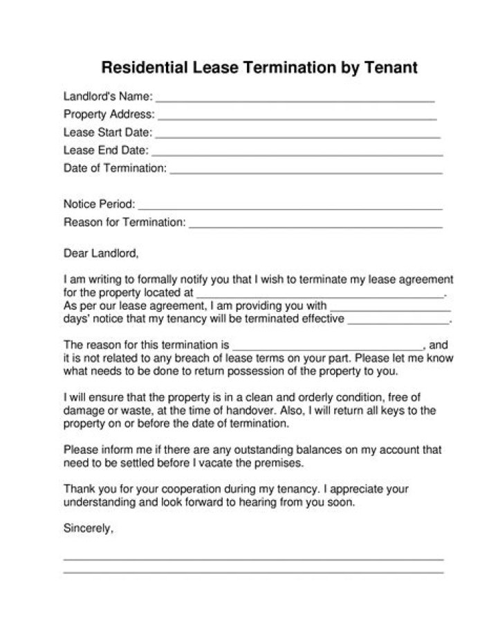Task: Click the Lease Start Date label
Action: click(107, 132)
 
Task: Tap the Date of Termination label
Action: click(115, 168)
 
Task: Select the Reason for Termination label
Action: click(124, 222)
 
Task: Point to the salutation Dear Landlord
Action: click(101, 253)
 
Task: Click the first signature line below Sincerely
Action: click(253, 559)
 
